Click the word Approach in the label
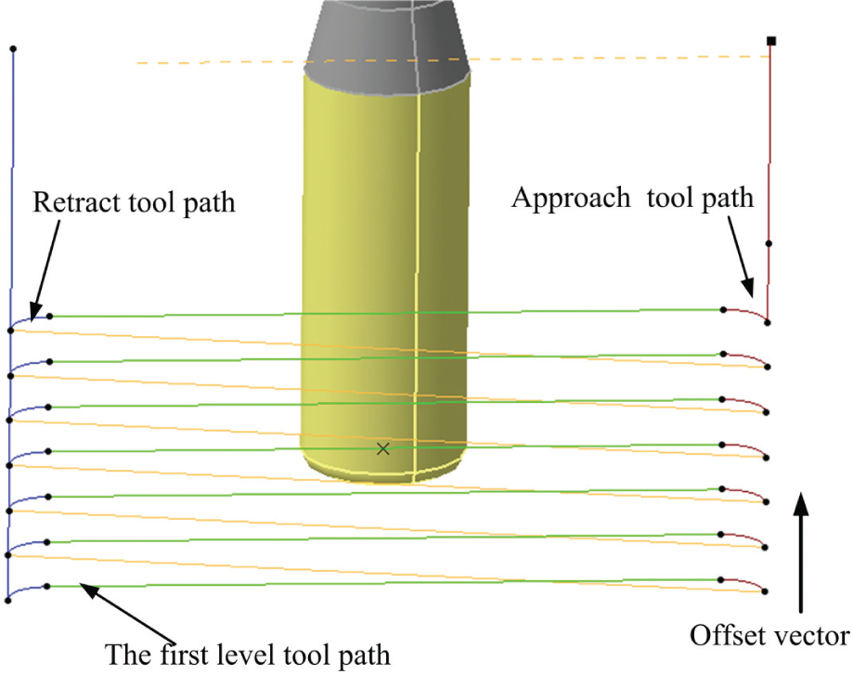pos(571,199)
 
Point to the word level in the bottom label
pos(242,654)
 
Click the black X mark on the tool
pos(383,448)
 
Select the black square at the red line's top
pos(770,41)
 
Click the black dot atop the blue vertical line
pos(13,49)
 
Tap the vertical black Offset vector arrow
pos(800,552)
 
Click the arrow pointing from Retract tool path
pos(45,270)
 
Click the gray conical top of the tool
pos(387,46)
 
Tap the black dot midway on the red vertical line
pos(769,244)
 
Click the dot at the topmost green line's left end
pos(49,316)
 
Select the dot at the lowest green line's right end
pos(721,580)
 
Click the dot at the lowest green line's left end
pos(47,587)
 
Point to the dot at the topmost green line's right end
pos(724,309)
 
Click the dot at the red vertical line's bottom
pos(768,322)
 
